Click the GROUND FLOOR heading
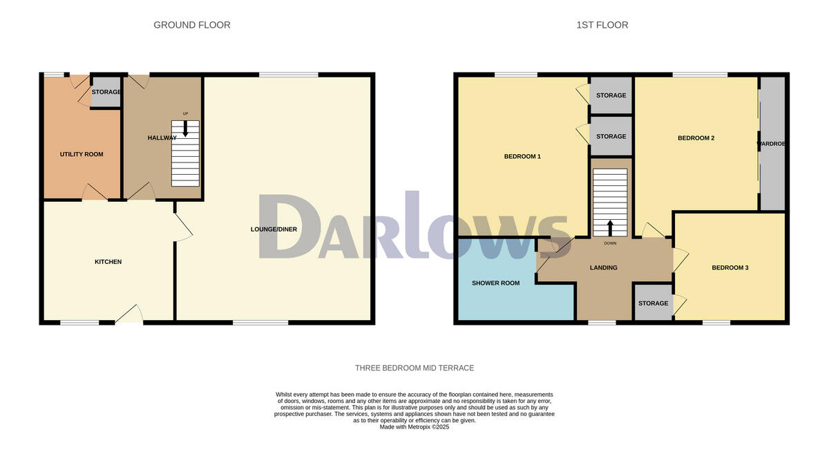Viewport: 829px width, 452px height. (x=191, y=25)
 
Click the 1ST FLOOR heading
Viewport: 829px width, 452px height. (x=602, y=25)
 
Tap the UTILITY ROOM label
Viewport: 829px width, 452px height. (x=82, y=154)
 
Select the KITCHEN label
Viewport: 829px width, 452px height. (x=108, y=262)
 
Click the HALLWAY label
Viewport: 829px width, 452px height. (x=162, y=138)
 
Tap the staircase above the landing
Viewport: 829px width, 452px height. (x=610, y=200)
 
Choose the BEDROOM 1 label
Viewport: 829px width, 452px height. (x=522, y=156)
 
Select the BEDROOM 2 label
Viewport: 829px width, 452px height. (x=696, y=138)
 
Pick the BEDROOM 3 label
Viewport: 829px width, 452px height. (x=730, y=267)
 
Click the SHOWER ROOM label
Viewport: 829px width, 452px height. (x=495, y=283)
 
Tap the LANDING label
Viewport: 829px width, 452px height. (x=603, y=267)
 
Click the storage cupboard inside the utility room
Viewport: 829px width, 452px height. (x=106, y=92)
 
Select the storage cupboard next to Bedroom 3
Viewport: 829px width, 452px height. (x=653, y=303)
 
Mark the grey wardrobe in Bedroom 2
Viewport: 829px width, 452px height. (x=772, y=144)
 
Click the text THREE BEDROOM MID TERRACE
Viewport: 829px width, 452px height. (x=414, y=368)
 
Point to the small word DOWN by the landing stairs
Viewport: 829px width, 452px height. (x=610, y=243)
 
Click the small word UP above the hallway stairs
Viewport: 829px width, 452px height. (x=185, y=114)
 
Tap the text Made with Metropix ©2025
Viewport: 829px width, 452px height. (x=414, y=427)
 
